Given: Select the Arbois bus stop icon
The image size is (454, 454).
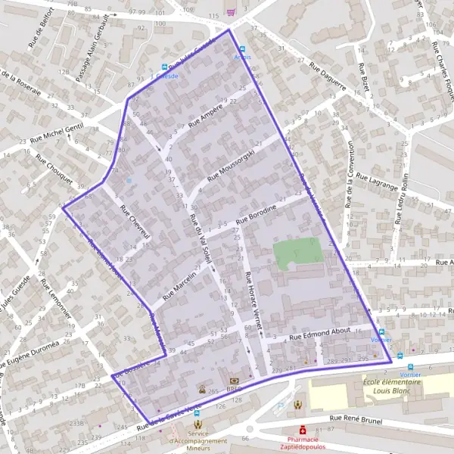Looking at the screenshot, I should (x=242, y=48).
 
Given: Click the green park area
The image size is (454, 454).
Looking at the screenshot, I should (x=298, y=253).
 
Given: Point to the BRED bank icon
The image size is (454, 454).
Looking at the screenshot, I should (x=232, y=381).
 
